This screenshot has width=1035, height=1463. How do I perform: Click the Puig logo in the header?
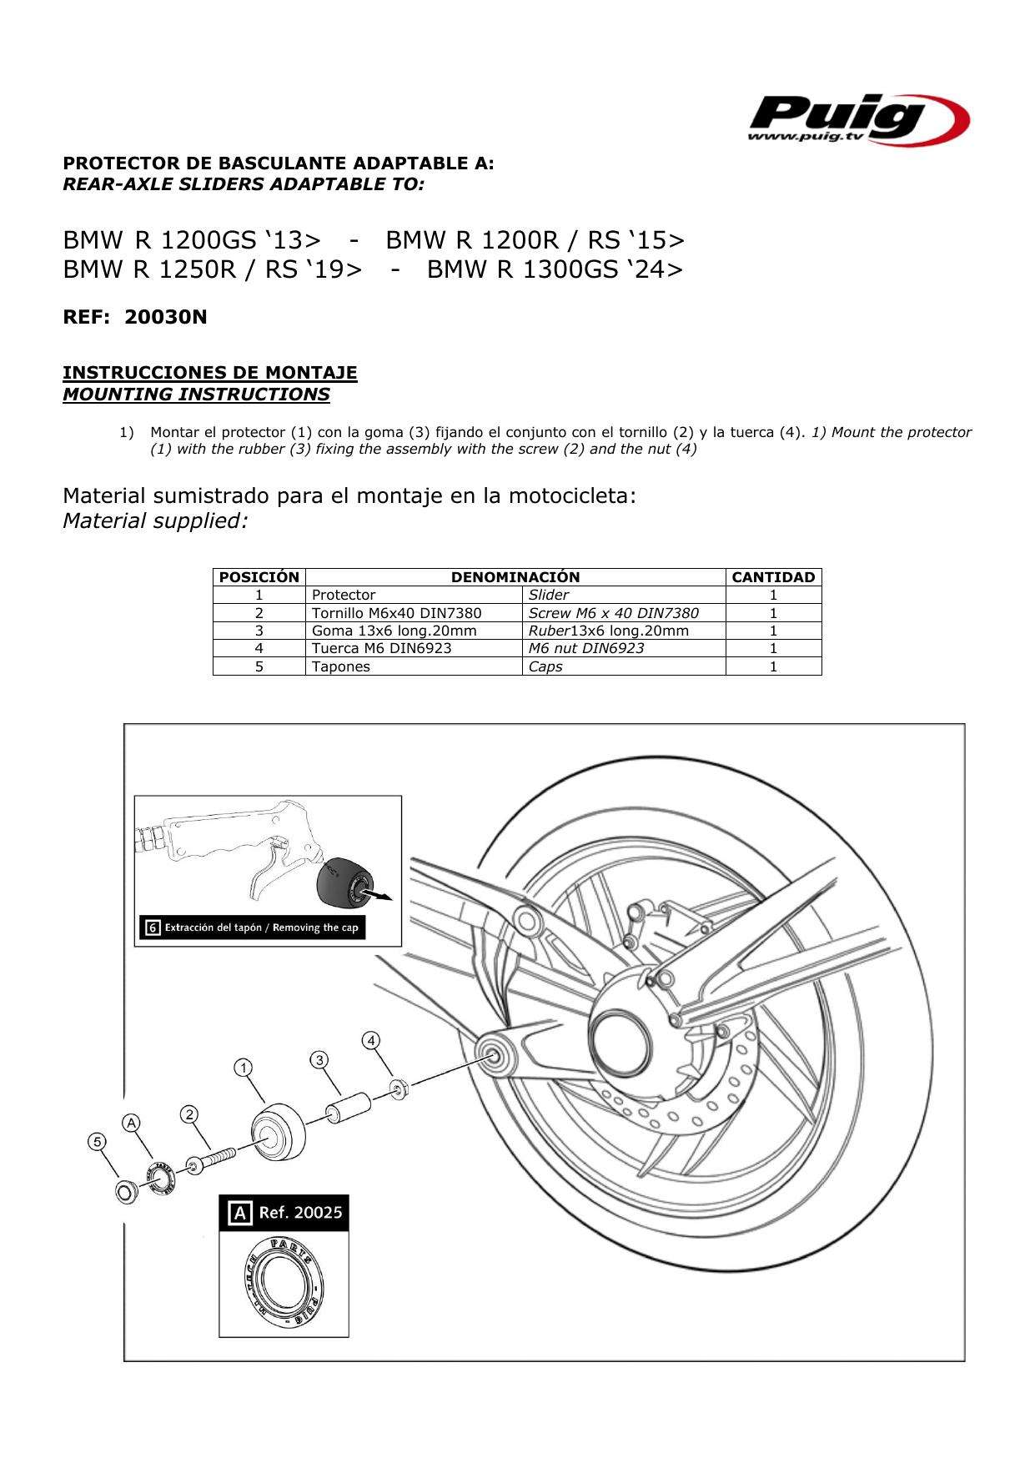(x=857, y=119)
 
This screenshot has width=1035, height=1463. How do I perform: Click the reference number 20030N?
(x=165, y=317)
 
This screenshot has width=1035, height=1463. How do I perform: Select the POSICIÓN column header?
(x=259, y=577)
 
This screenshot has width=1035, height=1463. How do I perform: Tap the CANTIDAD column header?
(x=772, y=577)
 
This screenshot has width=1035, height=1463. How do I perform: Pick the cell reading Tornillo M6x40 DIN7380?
(x=396, y=613)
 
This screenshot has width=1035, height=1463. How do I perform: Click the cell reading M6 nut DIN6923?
(x=586, y=648)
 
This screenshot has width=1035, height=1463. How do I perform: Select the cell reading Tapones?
(x=340, y=666)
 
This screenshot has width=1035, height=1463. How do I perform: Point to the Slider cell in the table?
(x=549, y=595)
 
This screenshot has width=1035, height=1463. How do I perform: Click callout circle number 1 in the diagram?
(x=243, y=1068)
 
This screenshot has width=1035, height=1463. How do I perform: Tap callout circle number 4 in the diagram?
(x=371, y=1040)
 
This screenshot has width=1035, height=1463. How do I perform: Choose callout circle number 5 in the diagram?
(x=98, y=1141)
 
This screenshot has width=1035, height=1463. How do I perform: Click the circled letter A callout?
(x=131, y=1124)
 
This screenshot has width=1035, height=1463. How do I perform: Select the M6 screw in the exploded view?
(x=212, y=1160)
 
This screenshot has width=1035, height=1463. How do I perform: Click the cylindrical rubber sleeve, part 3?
(x=349, y=1108)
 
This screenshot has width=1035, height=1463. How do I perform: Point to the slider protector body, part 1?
(x=279, y=1131)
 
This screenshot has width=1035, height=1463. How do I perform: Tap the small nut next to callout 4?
(x=399, y=1088)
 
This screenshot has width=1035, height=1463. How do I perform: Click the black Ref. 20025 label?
(x=284, y=1213)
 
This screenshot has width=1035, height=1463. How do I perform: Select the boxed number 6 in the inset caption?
(x=152, y=928)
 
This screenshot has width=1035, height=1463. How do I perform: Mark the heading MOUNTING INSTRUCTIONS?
(x=196, y=395)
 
